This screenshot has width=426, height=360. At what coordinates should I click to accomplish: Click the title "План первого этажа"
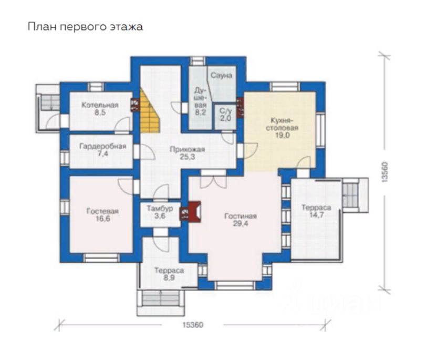pos(85,27)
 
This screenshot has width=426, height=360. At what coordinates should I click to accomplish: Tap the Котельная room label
pos(100,109)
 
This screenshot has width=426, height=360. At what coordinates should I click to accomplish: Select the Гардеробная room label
pos(103,150)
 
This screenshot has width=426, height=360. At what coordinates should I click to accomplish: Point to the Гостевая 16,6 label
pos(102,215)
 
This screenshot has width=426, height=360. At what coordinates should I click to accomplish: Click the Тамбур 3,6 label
pos(160,212)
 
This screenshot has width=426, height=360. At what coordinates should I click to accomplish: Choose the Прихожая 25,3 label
pos(187,153)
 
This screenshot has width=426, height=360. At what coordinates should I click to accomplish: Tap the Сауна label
pos(221,75)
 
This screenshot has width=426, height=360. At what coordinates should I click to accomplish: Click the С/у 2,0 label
pos(225,114)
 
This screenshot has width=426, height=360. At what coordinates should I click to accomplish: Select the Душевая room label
pos(201,101)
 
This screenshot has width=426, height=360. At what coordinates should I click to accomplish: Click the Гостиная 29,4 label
pos(241,220)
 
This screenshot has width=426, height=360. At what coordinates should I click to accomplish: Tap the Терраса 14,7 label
pos(316,211)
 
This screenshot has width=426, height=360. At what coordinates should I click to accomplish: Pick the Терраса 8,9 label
pos(169,274)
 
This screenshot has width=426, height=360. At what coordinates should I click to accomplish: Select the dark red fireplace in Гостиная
pos(194,212)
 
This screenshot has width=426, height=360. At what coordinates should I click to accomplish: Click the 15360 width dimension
pos(193,325)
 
